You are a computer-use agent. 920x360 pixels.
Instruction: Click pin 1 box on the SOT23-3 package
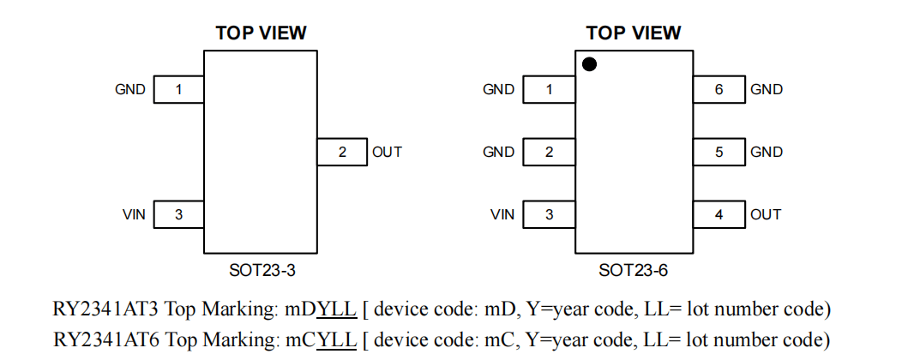[178, 89]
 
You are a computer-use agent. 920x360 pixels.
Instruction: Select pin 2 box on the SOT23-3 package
[342, 153]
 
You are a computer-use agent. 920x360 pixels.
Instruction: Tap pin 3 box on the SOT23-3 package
[178, 214]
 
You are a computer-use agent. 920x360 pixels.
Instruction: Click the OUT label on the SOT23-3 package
[387, 153]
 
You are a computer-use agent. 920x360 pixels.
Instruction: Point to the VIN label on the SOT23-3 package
[134, 214]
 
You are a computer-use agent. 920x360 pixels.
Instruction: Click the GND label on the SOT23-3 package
[130, 89]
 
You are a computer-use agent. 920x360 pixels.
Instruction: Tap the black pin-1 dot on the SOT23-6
[590, 64]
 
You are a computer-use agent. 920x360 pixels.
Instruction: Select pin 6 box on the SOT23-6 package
[719, 89]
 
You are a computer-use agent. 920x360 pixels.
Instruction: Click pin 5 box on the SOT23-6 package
[719, 153]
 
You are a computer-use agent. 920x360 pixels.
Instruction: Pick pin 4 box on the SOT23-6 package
[719, 214]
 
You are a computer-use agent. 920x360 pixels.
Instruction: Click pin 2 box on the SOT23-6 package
[549, 153]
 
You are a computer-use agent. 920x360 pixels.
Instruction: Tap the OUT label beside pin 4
[766, 214]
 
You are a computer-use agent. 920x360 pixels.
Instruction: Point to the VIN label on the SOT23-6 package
[502, 214]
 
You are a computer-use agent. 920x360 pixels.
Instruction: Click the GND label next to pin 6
[767, 89]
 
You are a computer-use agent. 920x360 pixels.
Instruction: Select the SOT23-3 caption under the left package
[262, 271]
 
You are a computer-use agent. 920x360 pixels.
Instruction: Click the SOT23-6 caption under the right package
[633, 271]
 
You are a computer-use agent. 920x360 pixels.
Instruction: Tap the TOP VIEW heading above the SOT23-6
[633, 33]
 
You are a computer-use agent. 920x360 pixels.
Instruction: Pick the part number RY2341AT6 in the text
[104, 339]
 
